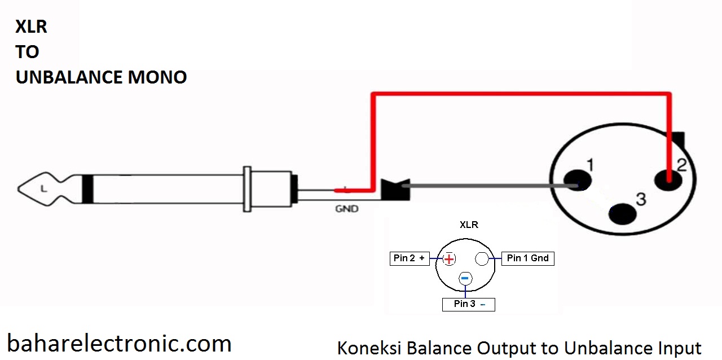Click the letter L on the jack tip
tap(43, 188)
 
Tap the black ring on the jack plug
tap(87, 188)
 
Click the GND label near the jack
tap(347, 208)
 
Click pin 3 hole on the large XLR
tap(623, 214)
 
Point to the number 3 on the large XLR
tap(641, 199)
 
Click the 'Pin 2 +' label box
tap(410, 258)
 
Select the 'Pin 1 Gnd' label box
tap(527, 258)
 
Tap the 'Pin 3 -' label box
tap(468, 304)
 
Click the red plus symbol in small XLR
tap(449, 259)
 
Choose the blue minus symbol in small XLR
tap(465, 278)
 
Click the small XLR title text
tap(469, 225)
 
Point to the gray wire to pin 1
tap(485, 185)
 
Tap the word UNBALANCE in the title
tap(69, 77)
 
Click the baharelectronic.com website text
tap(119, 343)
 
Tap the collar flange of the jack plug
tap(247, 189)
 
